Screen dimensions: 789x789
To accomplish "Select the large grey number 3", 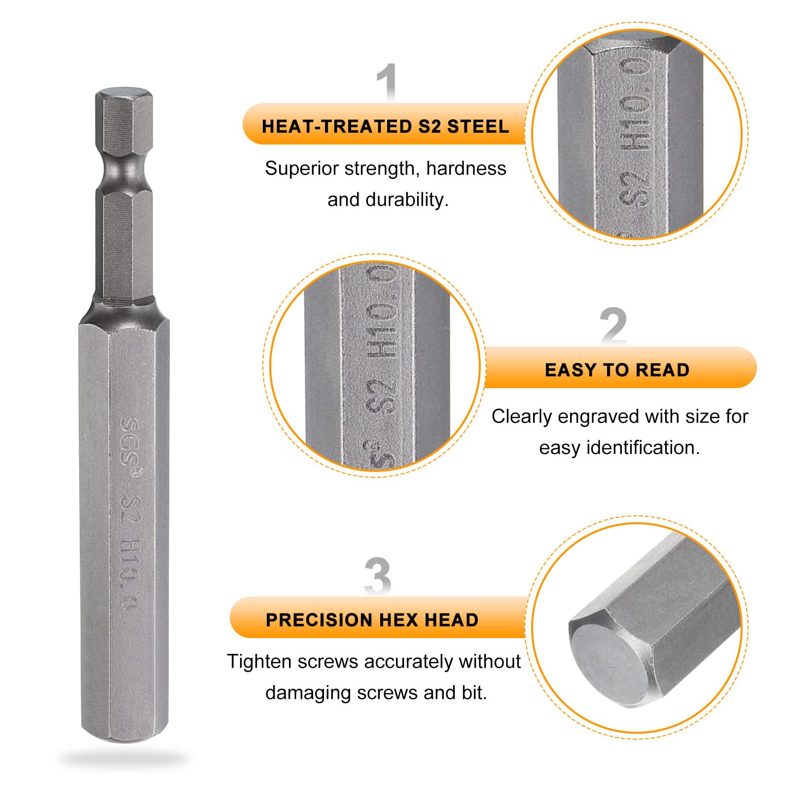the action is pos(378,576).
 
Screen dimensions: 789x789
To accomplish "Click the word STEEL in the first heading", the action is pos(478,126).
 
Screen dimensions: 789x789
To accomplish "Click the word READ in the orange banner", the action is pos(662,370).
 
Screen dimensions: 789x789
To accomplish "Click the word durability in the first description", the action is pos(407,200).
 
